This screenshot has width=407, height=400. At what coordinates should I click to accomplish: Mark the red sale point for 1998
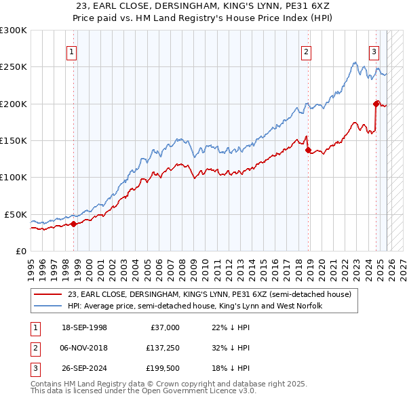[x=73, y=224]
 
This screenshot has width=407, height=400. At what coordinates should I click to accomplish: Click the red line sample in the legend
[x=47, y=294]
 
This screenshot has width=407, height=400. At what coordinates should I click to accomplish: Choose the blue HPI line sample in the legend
[x=47, y=306]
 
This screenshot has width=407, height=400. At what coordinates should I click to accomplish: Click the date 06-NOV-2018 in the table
[x=83, y=348]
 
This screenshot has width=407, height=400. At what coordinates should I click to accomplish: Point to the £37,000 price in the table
[x=164, y=327]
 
